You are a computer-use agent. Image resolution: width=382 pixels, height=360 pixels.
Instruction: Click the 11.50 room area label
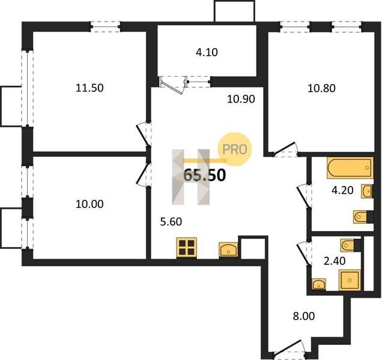(89, 88)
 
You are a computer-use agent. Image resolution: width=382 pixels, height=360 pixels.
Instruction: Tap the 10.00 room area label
(89, 204)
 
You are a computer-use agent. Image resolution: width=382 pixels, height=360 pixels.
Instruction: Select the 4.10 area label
(207, 52)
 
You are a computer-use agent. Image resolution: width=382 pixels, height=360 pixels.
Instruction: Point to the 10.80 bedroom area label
(321, 88)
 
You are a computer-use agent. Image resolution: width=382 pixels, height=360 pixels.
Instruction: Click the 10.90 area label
(241, 99)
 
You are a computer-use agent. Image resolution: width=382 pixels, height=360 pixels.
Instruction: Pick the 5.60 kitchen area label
(171, 222)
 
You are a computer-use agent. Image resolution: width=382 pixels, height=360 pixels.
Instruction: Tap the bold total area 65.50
(204, 175)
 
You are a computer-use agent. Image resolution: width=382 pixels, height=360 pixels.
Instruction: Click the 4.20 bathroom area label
(342, 190)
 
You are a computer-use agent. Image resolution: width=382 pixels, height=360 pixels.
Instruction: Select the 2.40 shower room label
(335, 261)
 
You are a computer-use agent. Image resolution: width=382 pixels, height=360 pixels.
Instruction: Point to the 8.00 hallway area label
(304, 316)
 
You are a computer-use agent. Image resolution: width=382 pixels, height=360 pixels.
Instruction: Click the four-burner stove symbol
(187, 247)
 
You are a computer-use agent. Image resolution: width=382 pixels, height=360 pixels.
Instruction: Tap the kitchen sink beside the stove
(228, 249)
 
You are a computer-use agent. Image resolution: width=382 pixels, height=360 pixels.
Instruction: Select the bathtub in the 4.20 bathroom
(350, 168)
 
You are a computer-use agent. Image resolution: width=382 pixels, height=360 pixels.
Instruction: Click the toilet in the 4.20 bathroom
(363, 217)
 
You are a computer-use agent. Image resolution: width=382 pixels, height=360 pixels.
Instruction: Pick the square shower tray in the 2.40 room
(350, 280)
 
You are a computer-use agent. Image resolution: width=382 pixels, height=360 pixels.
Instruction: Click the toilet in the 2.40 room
(351, 245)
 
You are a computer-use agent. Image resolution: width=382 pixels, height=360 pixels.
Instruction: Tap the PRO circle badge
(234, 149)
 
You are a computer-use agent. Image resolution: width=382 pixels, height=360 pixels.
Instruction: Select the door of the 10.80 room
(285, 149)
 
